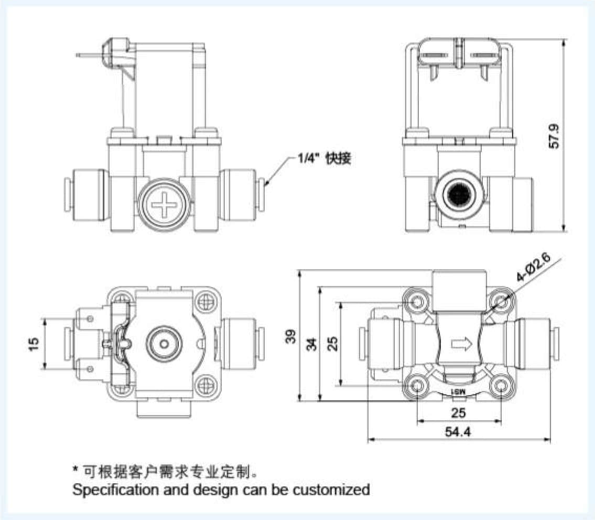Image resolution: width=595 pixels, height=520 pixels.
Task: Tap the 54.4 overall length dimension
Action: click(x=459, y=432)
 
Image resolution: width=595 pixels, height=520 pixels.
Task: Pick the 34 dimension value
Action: click(x=312, y=344)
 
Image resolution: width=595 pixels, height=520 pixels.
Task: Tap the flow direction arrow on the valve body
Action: click(x=460, y=344)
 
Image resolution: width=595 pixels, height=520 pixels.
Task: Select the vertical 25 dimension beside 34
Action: click(x=332, y=344)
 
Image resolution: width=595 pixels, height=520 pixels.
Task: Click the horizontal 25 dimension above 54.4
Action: click(x=459, y=413)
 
